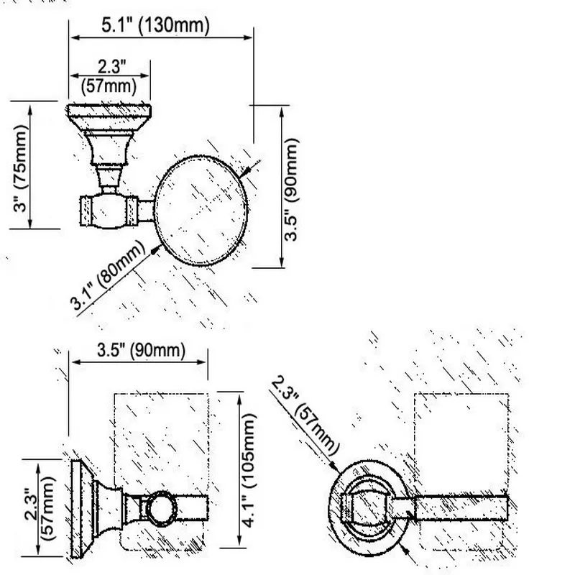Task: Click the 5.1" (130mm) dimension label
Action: pos(155,26)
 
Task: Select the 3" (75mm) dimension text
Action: pos(21,168)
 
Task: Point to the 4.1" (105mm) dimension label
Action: pos(249,471)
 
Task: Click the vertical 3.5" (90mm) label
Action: pos(292,189)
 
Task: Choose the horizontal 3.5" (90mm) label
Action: pos(141,350)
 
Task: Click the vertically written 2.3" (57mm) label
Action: pos(40,508)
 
